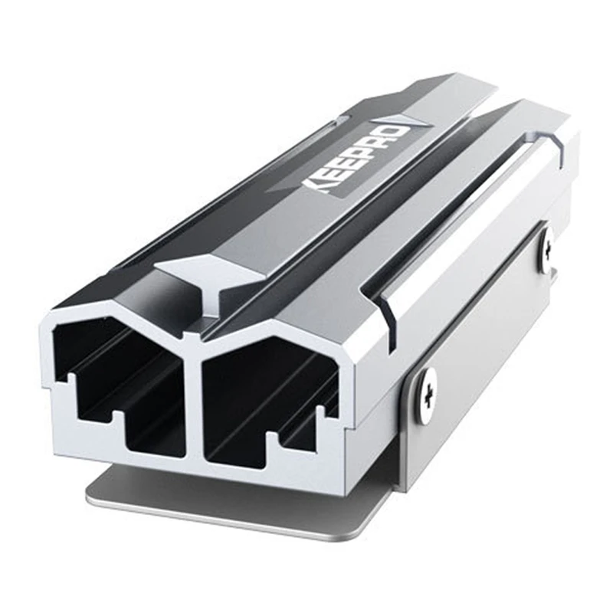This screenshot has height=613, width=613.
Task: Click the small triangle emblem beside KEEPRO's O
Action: point(421,120)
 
